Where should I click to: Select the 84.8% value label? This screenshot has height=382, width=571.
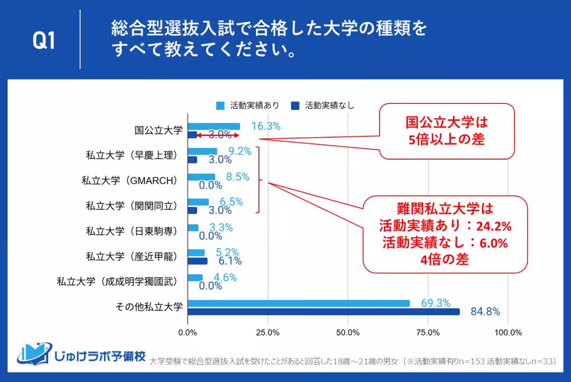click(x=485, y=312)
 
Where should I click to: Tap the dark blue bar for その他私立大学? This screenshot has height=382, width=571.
click(x=324, y=312)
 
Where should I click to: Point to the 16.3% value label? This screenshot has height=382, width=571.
click(x=266, y=126)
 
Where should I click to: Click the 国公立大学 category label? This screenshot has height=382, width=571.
click(x=158, y=130)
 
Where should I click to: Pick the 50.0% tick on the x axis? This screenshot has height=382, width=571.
click(x=348, y=332)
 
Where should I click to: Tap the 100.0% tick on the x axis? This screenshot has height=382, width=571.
click(x=508, y=332)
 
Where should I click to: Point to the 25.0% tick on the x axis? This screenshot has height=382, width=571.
click(x=267, y=332)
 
